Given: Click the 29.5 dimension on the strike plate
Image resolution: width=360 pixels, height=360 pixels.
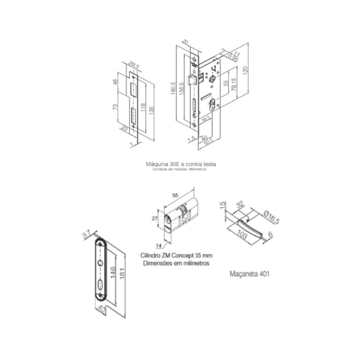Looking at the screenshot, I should [x=133, y=66].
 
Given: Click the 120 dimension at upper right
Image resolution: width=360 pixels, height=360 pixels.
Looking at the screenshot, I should [x=245, y=69].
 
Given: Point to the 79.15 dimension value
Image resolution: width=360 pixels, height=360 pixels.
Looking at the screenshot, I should [x=234, y=85].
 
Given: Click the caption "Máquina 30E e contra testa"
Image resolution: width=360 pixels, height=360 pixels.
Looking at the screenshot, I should [x=181, y=164].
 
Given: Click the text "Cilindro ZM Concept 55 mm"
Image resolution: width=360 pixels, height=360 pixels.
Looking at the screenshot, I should [x=176, y=256].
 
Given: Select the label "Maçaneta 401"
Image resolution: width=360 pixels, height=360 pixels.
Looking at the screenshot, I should [x=249, y=274].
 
